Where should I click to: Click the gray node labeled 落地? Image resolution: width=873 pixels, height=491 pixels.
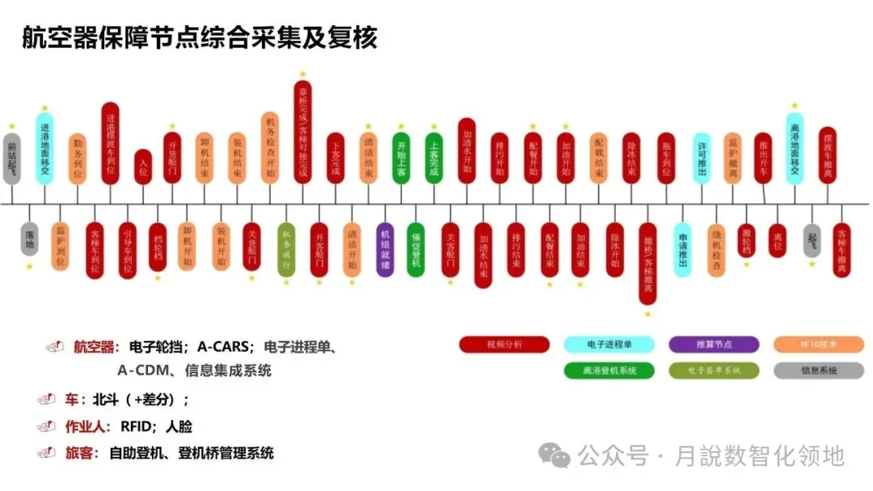(x=30, y=239)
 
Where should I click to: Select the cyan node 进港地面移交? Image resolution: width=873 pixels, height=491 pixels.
(x=44, y=148)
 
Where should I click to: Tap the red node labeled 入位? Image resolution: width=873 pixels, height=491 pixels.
(x=143, y=168)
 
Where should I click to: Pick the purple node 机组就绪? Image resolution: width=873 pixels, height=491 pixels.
(x=386, y=250)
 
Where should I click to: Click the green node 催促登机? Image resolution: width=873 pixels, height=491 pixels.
(x=415, y=250)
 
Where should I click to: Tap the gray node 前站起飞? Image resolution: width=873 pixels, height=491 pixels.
(x=11, y=158)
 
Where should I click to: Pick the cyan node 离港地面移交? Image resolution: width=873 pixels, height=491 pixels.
(x=795, y=148)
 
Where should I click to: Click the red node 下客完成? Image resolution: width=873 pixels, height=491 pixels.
(x=335, y=157)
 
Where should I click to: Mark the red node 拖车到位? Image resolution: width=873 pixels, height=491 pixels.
(x=666, y=157)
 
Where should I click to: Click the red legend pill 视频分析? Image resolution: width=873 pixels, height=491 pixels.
(x=504, y=345)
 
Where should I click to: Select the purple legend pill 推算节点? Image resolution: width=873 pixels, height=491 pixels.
(x=714, y=345)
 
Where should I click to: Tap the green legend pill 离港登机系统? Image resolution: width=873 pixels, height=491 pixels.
(x=609, y=371)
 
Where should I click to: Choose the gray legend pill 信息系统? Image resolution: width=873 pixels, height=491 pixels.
(x=818, y=371)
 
